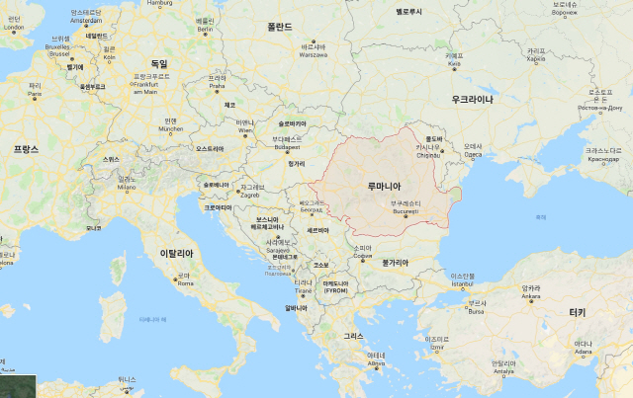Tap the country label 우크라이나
coord(473,100)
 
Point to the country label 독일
coord(158,64)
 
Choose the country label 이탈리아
coord(180,254)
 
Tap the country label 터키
coord(577,312)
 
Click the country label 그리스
coord(353,336)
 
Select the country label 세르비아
coord(317,230)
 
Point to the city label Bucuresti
coord(405,211)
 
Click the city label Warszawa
coord(314,55)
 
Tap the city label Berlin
coord(205,30)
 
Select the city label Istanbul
coord(463,284)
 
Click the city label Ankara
coord(531,296)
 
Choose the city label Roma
coord(184,283)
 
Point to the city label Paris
coord(35,96)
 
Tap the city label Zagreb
coord(250,195)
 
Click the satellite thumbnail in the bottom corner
coord(18,386)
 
